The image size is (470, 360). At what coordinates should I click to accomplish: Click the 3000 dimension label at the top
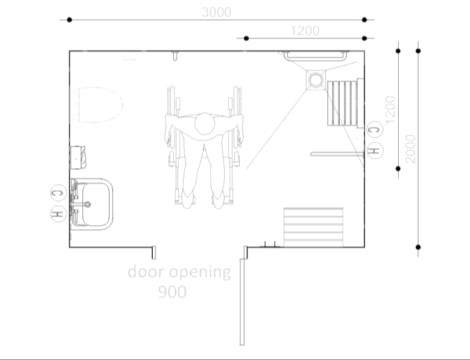point(216,12)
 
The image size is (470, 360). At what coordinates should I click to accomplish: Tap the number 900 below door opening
point(172,292)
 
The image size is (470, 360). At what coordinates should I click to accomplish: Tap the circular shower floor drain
point(316,80)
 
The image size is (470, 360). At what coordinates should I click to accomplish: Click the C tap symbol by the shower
point(374,129)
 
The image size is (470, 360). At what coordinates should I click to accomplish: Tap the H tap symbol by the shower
point(374,149)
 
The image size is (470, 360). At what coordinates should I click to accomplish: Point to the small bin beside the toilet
point(78,156)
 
